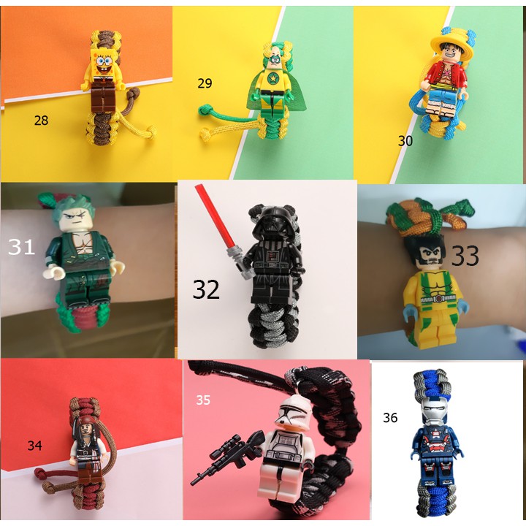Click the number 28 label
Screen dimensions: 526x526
(x=41, y=121)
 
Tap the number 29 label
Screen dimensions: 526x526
(x=205, y=83)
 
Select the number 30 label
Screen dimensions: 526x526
(x=405, y=141)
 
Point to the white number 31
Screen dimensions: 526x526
(x=22, y=247)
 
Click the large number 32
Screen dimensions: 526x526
(x=206, y=289)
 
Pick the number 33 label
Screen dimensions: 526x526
(x=465, y=256)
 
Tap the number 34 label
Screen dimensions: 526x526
(x=35, y=445)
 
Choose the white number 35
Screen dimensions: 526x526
(x=203, y=400)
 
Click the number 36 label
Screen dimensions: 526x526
(x=390, y=418)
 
